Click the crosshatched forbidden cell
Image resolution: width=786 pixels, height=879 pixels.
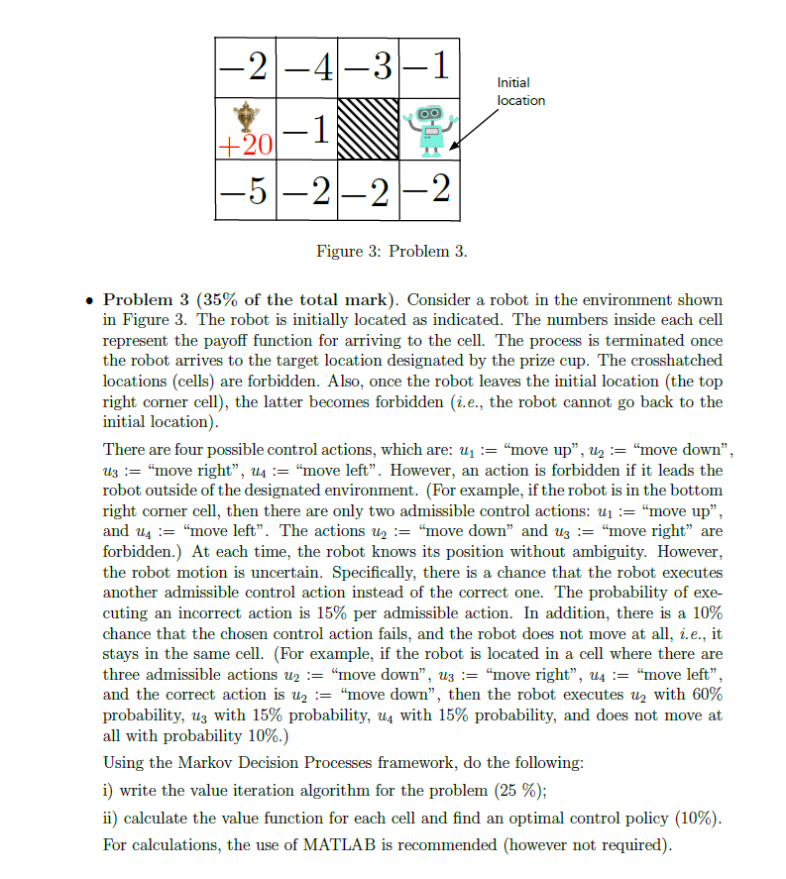click(368, 128)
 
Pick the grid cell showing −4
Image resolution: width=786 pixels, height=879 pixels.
click(306, 66)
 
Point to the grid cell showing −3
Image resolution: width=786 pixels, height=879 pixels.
click(368, 66)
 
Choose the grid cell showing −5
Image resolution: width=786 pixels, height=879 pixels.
click(245, 188)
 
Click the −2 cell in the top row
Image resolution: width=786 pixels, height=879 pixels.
click(245, 66)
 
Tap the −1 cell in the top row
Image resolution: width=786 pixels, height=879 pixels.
click(429, 66)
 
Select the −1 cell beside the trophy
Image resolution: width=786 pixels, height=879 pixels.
click(306, 130)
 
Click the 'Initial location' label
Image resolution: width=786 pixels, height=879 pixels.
click(520, 92)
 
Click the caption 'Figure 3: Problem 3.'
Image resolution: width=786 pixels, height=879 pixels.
click(392, 252)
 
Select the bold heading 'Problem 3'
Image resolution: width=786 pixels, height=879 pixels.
click(148, 299)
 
